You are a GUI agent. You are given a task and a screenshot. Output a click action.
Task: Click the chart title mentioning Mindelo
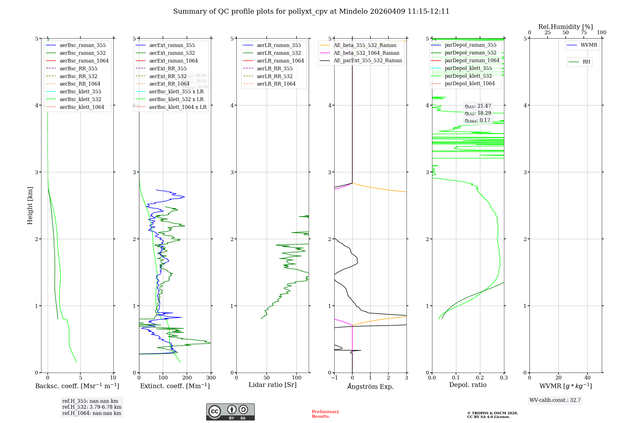(311, 12)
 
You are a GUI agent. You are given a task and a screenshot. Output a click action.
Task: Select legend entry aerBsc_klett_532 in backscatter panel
(80, 99)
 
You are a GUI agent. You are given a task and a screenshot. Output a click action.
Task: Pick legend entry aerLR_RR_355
(274, 68)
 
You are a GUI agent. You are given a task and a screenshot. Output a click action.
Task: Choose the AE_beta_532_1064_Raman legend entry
(366, 53)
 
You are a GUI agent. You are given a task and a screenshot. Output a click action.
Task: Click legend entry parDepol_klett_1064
(469, 83)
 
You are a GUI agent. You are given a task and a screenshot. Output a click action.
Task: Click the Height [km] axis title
(30, 205)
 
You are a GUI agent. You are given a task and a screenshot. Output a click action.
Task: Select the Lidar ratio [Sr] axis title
(273, 385)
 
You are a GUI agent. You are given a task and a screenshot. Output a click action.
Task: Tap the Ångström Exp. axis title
(370, 386)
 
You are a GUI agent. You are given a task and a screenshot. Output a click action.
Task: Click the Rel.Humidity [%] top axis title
(565, 27)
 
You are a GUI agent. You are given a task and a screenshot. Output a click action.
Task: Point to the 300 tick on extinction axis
(211, 378)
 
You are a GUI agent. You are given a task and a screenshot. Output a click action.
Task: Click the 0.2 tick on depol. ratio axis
(480, 378)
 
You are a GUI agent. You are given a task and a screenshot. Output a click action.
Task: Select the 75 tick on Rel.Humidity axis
(583, 33)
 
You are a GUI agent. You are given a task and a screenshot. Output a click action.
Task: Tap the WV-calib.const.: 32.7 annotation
(555, 400)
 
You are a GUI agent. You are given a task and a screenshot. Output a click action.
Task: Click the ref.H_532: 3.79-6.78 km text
(92, 407)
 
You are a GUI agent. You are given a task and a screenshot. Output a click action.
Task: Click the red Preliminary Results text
(325, 414)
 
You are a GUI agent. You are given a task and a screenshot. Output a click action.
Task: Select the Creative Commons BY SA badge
(230, 412)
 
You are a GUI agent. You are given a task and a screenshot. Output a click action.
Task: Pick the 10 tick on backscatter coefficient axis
(113, 378)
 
